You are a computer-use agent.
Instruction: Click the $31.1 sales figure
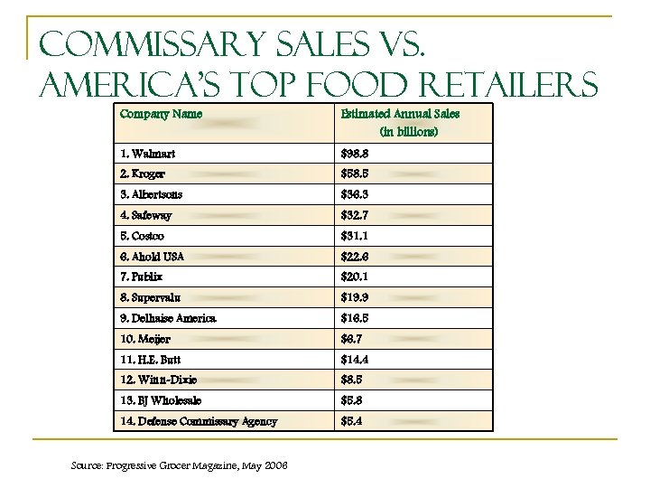[355, 236]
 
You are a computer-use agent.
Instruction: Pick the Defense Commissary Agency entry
[199, 421]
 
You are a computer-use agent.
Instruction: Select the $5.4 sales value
[352, 421]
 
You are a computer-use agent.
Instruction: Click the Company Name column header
[161, 114]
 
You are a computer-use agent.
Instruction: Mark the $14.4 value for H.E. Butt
[355, 360]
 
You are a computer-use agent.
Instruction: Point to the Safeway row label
[147, 216]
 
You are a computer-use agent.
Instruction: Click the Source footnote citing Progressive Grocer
[179, 465]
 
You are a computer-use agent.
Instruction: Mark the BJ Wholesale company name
[160, 400]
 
